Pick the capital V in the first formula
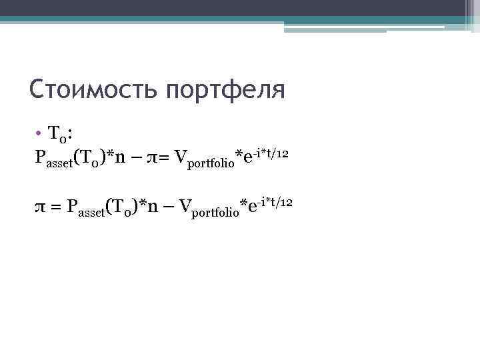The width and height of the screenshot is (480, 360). [180, 157]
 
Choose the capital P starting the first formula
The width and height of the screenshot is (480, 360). [41, 157]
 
